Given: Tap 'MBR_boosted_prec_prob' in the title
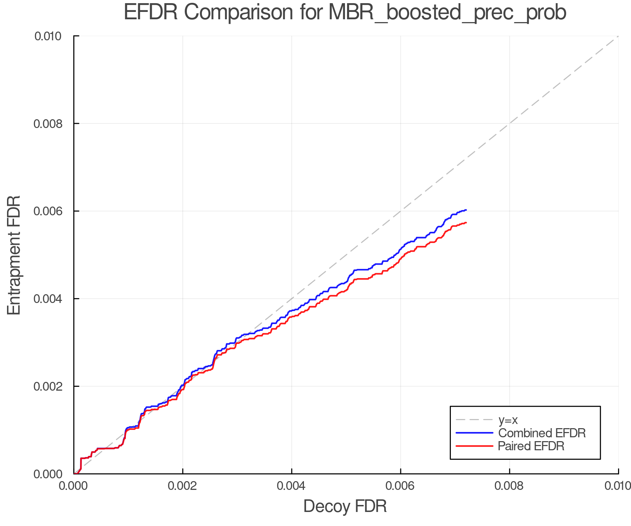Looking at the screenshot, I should pyautogui.click(x=447, y=13).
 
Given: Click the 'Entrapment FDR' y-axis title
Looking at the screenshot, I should pyautogui.click(x=14, y=255).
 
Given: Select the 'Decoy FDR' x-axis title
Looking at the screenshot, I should pyautogui.click(x=345, y=506).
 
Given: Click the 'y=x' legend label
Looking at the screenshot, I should pyautogui.click(x=508, y=420).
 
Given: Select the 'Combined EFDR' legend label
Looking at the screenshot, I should pyautogui.click(x=542, y=433).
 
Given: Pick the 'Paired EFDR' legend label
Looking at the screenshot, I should pyautogui.click(x=531, y=446).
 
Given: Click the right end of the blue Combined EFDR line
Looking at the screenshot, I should pyautogui.click(x=466, y=210).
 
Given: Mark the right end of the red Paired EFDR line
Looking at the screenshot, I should pyautogui.click(x=466, y=223).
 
